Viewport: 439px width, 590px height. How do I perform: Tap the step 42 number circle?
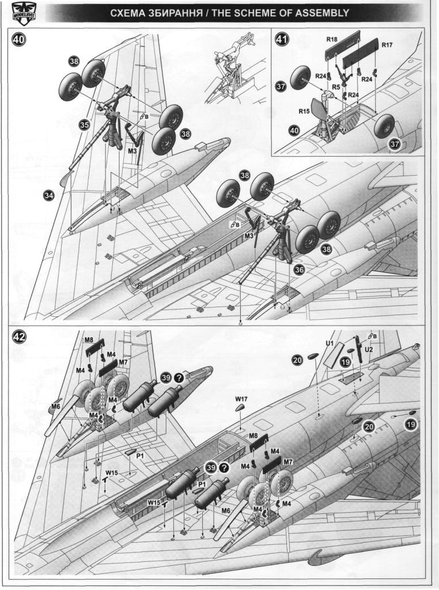pyautogui.click(x=19, y=339)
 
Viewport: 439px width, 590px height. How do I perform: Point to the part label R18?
pyautogui.click(x=331, y=40)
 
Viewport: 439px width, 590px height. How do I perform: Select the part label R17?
pyautogui.click(x=386, y=44)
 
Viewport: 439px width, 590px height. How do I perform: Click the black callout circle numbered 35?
pyautogui.click(x=85, y=124)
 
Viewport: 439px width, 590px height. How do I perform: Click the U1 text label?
pyautogui.click(x=330, y=343)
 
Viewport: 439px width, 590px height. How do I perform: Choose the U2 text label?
pyautogui.click(x=370, y=349)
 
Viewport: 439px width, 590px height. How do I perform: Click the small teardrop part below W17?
pyautogui.click(x=240, y=407)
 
